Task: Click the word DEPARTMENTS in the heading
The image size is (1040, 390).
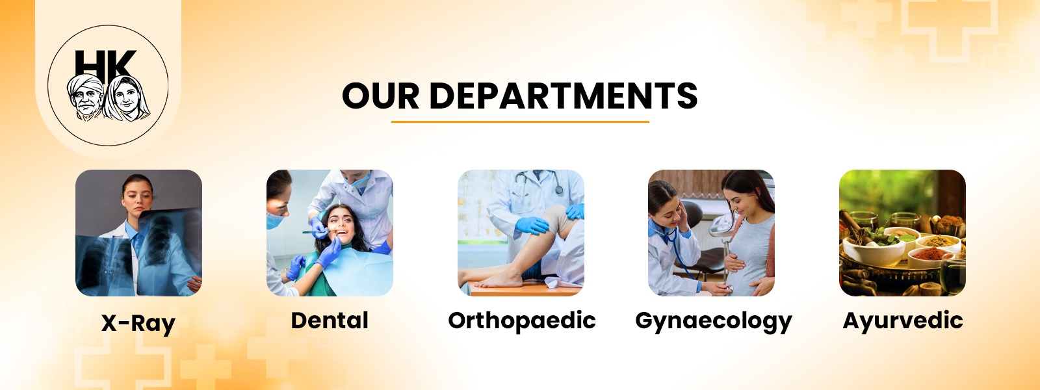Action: (x=563, y=96)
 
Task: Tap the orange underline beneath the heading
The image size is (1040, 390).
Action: (x=520, y=122)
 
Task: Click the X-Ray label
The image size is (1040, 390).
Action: (x=138, y=323)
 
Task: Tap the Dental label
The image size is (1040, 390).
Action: (x=330, y=320)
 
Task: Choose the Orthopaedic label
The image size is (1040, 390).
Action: (x=522, y=320)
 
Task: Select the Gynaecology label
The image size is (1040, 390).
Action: (x=713, y=321)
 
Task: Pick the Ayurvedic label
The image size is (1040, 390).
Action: (x=903, y=320)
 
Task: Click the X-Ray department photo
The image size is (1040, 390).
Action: (x=138, y=233)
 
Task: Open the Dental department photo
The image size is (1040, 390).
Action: (x=330, y=233)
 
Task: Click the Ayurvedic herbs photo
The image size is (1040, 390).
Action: (x=902, y=233)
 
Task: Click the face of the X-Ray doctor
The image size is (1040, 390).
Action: (x=138, y=195)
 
